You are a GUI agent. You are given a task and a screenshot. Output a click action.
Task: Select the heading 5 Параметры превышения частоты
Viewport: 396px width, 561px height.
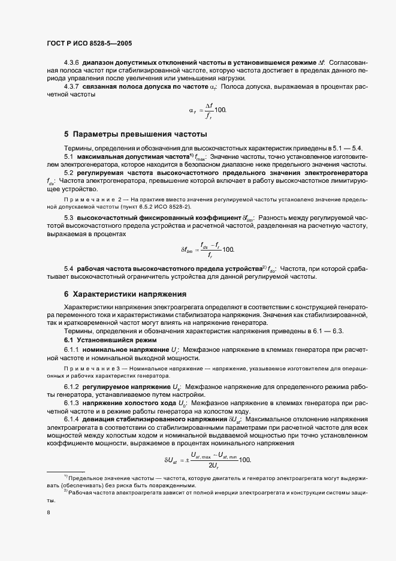(x=135, y=134)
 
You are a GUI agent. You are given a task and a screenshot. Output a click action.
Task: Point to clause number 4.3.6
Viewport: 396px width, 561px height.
(x=72, y=63)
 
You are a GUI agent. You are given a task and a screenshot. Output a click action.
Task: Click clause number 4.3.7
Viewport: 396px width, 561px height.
(x=72, y=86)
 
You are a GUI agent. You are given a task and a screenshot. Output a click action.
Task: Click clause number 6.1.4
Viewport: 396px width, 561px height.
(x=72, y=419)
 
